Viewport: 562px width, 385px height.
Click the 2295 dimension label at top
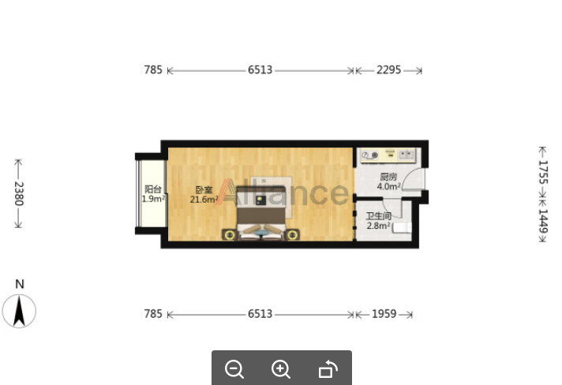click(388, 70)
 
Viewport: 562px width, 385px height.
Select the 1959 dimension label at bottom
click(384, 314)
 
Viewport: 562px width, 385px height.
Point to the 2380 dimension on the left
click(19, 194)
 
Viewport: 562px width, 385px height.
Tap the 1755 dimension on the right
click(543, 172)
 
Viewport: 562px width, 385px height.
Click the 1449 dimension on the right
click(543, 221)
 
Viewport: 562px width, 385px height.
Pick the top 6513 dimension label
click(260, 70)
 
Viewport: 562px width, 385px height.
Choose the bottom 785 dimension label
click(153, 314)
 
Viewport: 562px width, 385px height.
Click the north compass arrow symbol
click(19, 311)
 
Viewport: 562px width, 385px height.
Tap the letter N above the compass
click(20, 284)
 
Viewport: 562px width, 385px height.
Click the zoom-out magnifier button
click(234, 369)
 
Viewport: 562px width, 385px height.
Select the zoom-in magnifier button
click(281, 369)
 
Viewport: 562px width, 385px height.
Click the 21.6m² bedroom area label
click(204, 200)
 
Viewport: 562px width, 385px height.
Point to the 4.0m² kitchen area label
click(388, 186)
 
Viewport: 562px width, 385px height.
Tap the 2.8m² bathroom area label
click(379, 226)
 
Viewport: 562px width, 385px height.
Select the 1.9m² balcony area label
click(153, 199)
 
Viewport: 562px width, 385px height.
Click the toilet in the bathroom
click(402, 228)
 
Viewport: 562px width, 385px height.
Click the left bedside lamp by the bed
click(230, 235)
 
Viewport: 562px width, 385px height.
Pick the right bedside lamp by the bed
click(293, 235)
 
